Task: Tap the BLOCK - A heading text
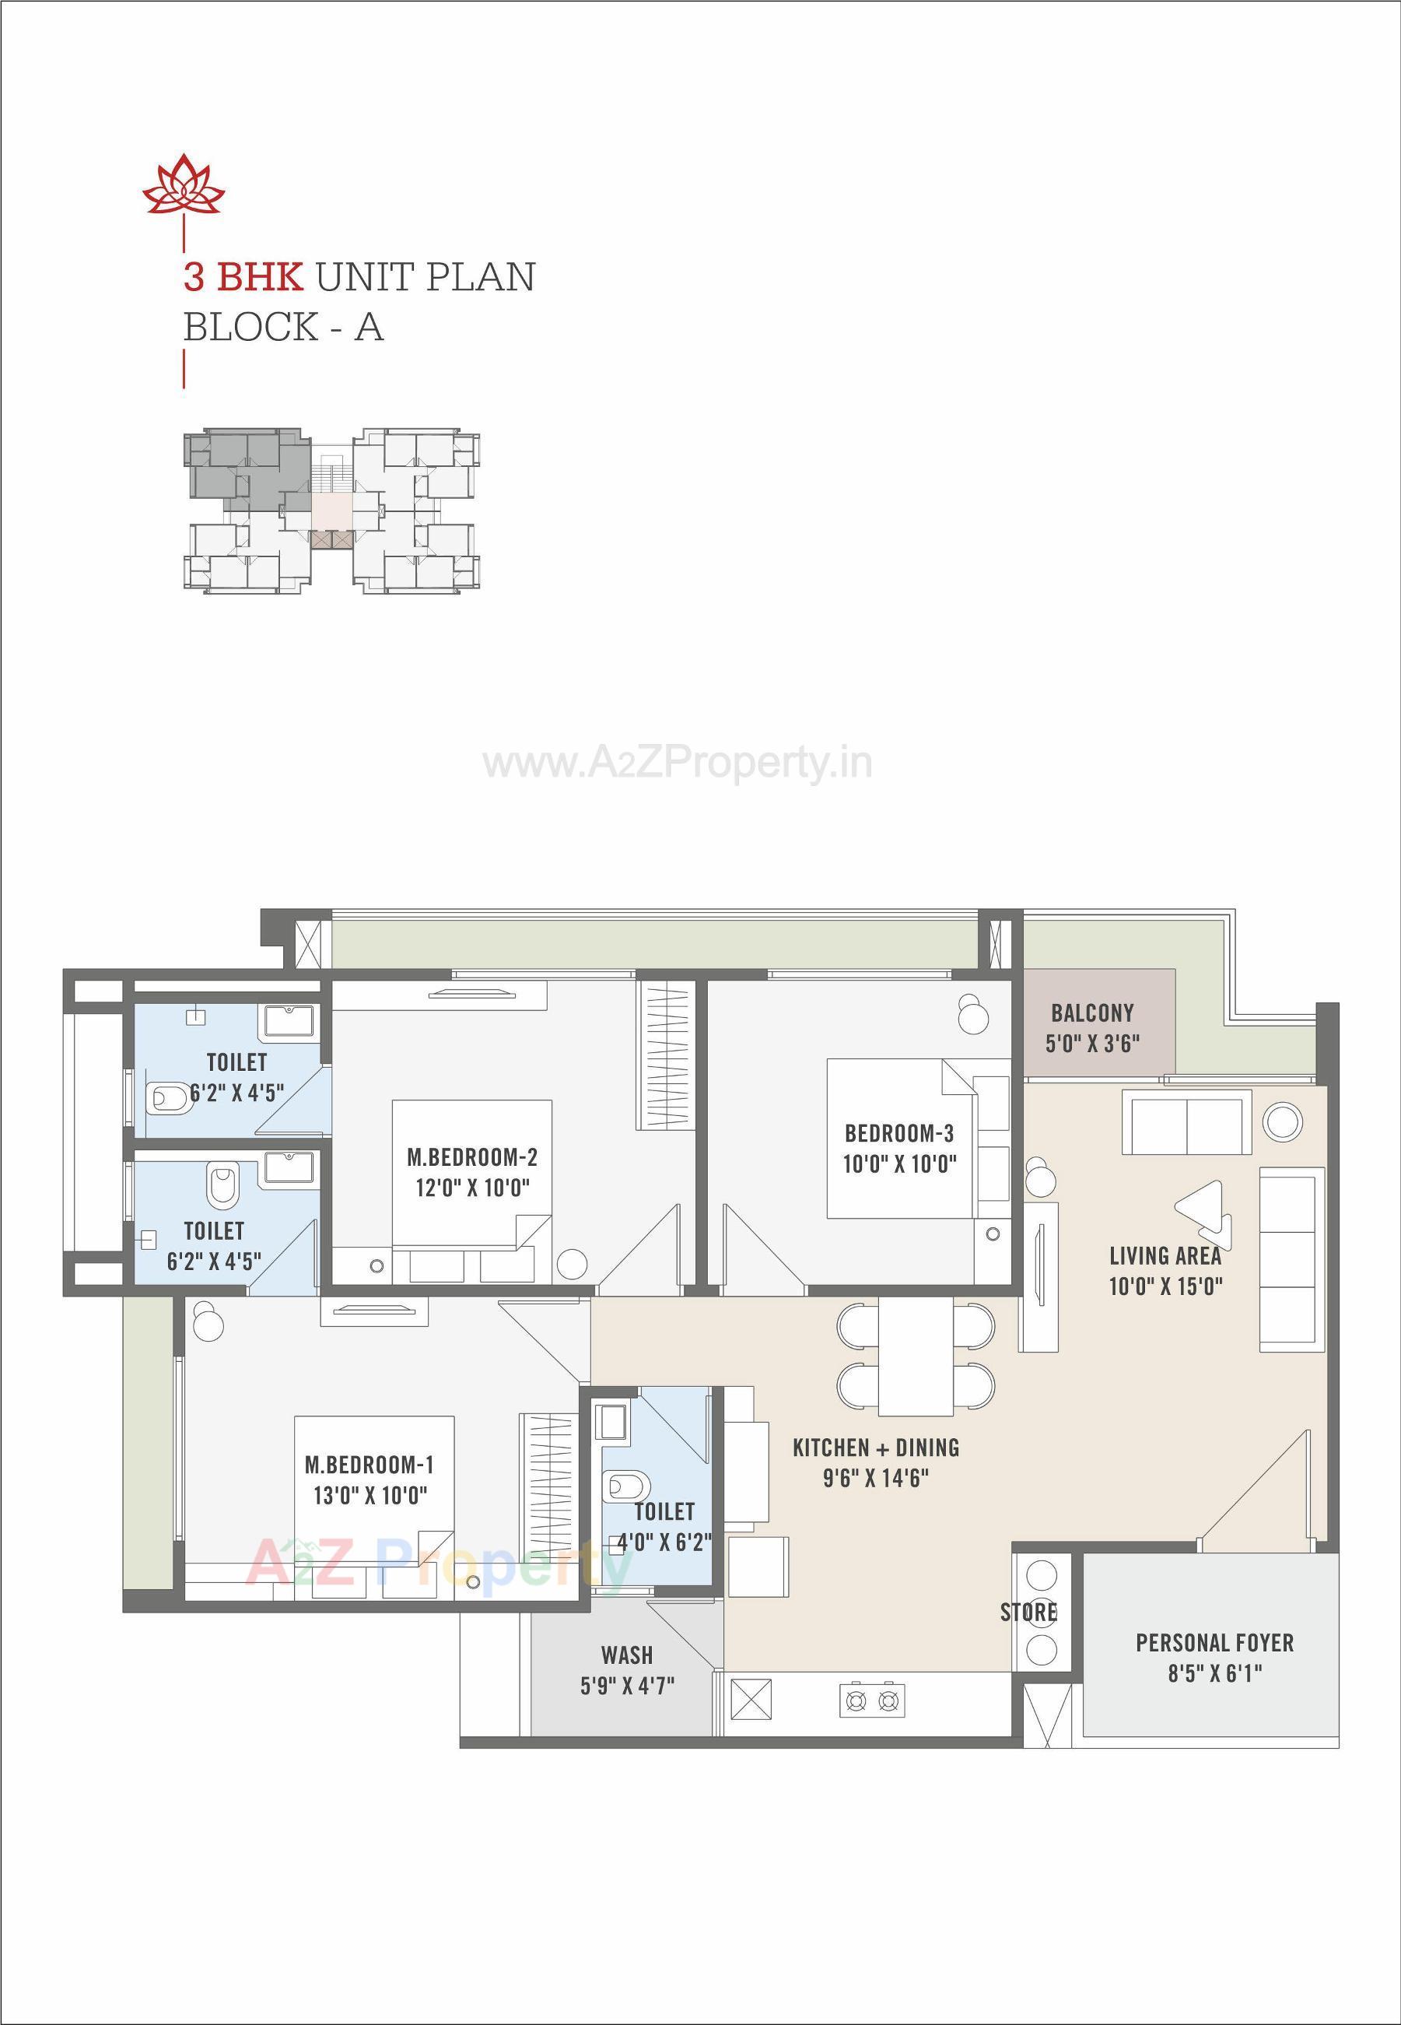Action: [x=282, y=328]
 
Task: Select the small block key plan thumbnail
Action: [x=331, y=511]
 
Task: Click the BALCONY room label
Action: [x=1092, y=1012]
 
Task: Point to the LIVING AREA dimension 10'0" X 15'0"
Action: [x=1165, y=1286]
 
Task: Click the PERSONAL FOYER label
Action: [x=1214, y=1643]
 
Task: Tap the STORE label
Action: [x=1028, y=1613]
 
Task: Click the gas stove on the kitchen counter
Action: [x=872, y=1701]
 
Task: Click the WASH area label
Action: [x=627, y=1655]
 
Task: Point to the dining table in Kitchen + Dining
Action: [x=916, y=1356]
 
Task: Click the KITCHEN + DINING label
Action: [x=875, y=1448]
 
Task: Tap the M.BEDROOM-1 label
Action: [x=369, y=1465]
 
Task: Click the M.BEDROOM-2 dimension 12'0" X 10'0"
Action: [x=472, y=1188]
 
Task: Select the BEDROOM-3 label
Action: [x=899, y=1133]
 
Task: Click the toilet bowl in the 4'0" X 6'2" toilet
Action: [x=626, y=1487]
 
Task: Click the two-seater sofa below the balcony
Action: [x=1186, y=1122]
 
